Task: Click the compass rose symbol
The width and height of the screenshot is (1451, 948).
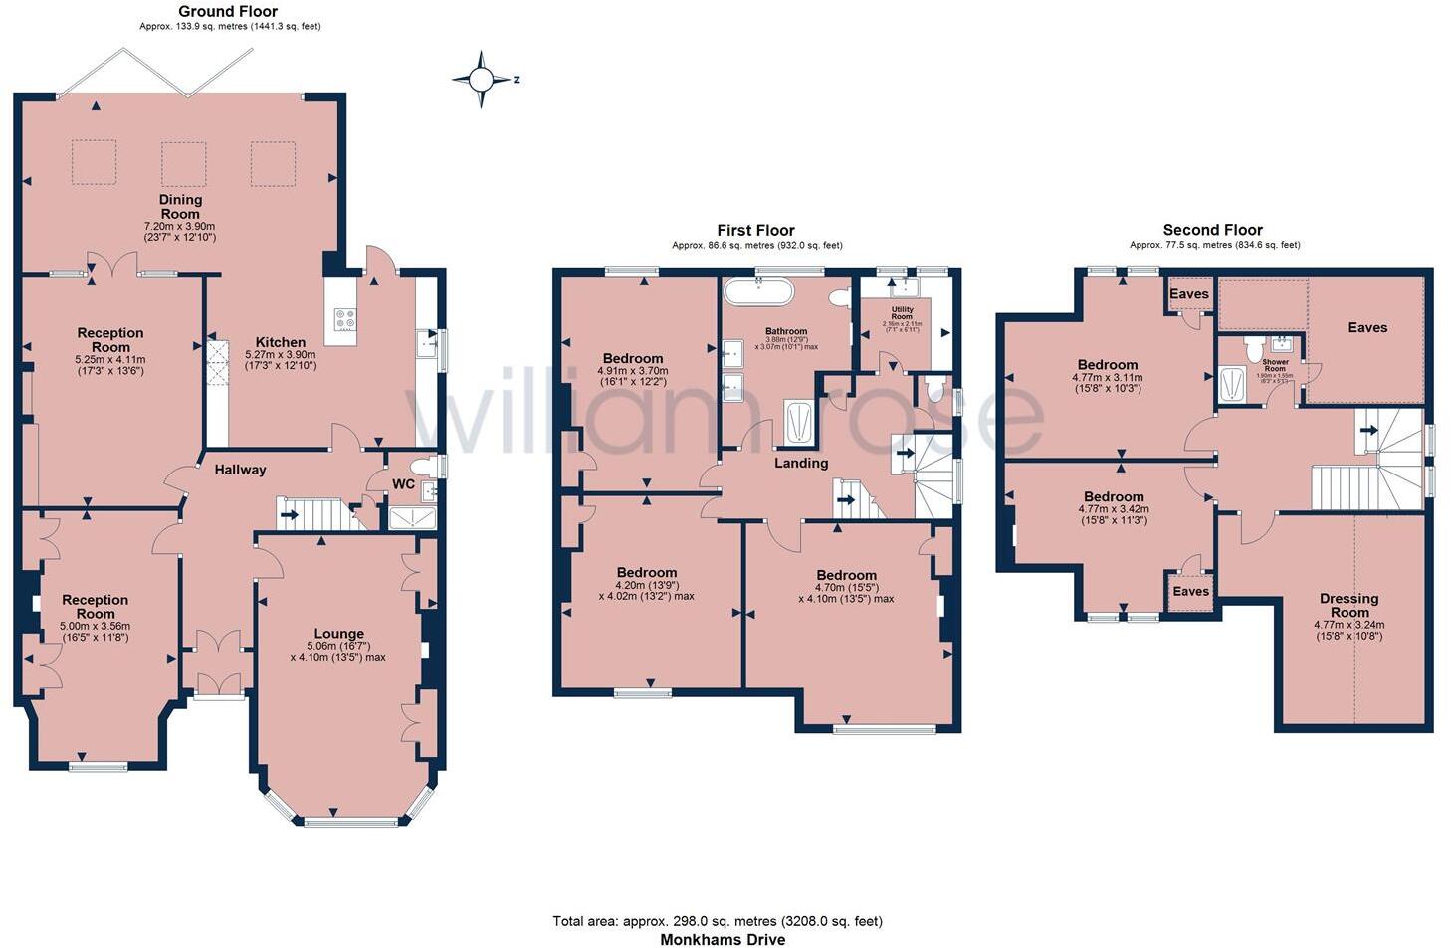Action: tap(482, 79)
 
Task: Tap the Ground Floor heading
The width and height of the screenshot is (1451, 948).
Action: tap(228, 12)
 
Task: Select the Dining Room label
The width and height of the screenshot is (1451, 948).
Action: tap(180, 206)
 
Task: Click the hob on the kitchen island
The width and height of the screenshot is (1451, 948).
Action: tap(345, 320)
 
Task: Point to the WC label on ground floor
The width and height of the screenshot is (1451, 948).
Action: tap(403, 484)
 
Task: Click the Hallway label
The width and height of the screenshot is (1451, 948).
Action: tap(241, 470)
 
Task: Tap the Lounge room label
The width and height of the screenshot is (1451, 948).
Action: tap(338, 634)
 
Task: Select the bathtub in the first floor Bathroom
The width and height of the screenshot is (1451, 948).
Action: tap(758, 291)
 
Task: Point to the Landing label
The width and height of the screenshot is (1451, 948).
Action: tap(801, 463)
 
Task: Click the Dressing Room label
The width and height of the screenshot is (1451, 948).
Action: tap(1349, 605)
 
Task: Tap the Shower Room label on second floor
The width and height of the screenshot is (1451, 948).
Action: tap(1275, 365)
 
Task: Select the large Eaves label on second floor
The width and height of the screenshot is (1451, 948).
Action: tap(1366, 327)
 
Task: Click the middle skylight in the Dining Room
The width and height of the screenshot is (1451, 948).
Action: tap(184, 163)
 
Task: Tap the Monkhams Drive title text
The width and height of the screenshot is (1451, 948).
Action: tap(723, 939)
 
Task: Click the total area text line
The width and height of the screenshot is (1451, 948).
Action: tap(718, 921)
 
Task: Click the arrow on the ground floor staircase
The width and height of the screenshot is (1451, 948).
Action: tap(289, 515)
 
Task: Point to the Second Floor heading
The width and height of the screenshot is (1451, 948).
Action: tap(1212, 230)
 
